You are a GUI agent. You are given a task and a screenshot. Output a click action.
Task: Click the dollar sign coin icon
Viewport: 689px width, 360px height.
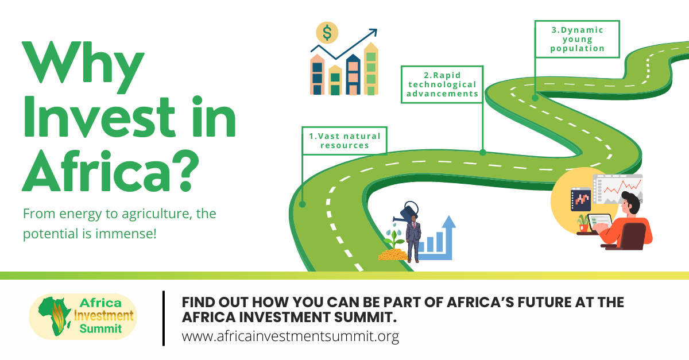[x=327, y=33]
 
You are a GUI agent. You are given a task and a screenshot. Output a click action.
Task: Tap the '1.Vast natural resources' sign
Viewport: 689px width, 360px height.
[x=344, y=141]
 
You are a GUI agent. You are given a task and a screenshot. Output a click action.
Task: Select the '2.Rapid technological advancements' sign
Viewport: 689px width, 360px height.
[x=442, y=84]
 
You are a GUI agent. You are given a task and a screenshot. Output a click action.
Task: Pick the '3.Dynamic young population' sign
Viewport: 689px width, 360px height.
[x=578, y=39]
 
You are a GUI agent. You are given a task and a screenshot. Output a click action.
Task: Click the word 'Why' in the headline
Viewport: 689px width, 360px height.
[x=83, y=66]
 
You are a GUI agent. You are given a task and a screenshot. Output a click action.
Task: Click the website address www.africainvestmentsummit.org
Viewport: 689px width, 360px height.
[x=291, y=336]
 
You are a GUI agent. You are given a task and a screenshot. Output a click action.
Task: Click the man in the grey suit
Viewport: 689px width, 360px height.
[x=413, y=239]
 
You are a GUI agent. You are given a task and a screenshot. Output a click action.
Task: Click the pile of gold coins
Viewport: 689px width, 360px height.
[x=393, y=255]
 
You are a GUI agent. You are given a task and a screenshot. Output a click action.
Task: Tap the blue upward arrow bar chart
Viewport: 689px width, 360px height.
[x=437, y=238]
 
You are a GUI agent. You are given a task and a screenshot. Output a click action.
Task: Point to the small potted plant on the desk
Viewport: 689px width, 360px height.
[x=583, y=223]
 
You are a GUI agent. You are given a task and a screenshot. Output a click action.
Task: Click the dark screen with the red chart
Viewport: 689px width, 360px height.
[x=580, y=199]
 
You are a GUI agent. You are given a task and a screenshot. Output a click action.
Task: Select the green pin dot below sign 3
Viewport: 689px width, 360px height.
[x=535, y=98]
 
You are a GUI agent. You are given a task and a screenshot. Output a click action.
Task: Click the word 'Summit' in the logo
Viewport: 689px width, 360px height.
[x=100, y=328]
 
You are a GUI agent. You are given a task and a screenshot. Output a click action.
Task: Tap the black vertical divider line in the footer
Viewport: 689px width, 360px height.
[x=164, y=319]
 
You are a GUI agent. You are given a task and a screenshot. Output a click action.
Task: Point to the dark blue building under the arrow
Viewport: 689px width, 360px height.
[x=353, y=75]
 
